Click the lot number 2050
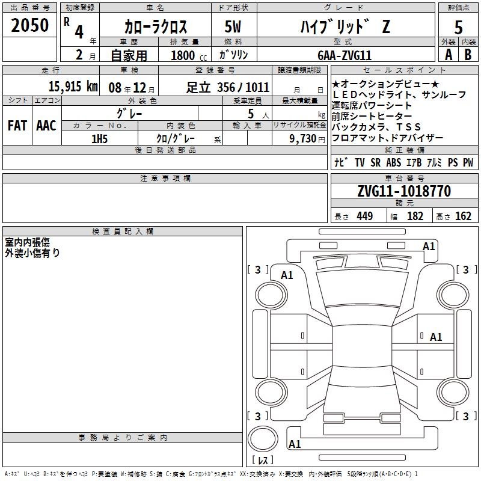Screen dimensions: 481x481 (x=29, y=25)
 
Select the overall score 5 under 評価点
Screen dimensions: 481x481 (x=458, y=27)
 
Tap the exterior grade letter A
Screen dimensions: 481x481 (x=449, y=55)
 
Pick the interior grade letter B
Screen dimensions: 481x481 (x=468, y=55)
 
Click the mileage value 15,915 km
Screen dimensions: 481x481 (x=73, y=87)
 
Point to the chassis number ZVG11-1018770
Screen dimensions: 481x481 (x=404, y=191)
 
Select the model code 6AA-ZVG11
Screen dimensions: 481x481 (x=345, y=55)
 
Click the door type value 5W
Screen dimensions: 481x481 (x=233, y=26)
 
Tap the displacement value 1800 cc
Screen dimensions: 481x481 (x=189, y=55)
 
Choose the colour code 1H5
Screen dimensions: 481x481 (x=99, y=139)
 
